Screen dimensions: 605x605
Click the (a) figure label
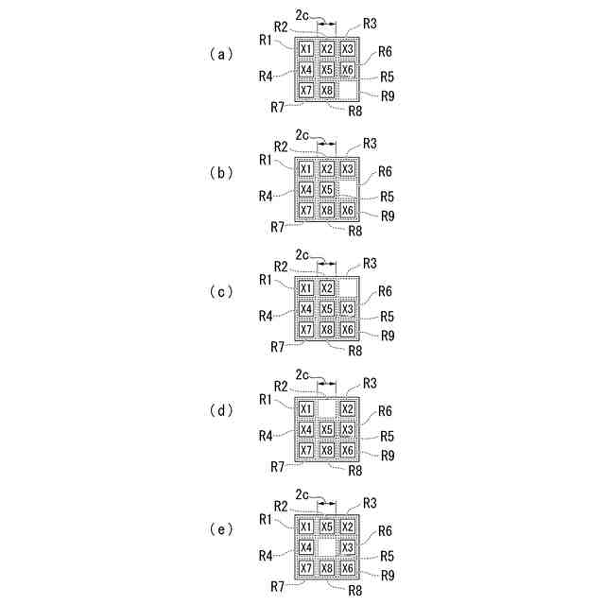tap(219, 54)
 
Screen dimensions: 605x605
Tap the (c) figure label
tap(219, 292)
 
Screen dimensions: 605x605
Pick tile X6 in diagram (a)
tap(347, 70)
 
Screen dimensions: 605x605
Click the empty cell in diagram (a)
tap(347, 91)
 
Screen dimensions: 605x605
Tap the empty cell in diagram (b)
tap(347, 189)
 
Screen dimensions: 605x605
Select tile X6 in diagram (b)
tap(347, 210)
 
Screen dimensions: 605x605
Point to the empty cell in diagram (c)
tap(347, 287)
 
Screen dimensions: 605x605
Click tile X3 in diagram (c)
tap(347, 308)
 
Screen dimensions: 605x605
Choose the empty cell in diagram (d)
tap(326, 408)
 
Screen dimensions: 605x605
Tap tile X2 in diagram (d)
tap(347, 408)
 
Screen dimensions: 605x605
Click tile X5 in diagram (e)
tap(326, 527)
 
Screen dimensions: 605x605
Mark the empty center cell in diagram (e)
tap(326, 547)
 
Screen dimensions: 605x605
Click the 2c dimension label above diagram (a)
tap(302, 16)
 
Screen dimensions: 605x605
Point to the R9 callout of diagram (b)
tap(388, 216)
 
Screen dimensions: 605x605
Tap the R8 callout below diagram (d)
tap(354, 469)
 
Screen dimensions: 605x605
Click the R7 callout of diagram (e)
tap(276, 586)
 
